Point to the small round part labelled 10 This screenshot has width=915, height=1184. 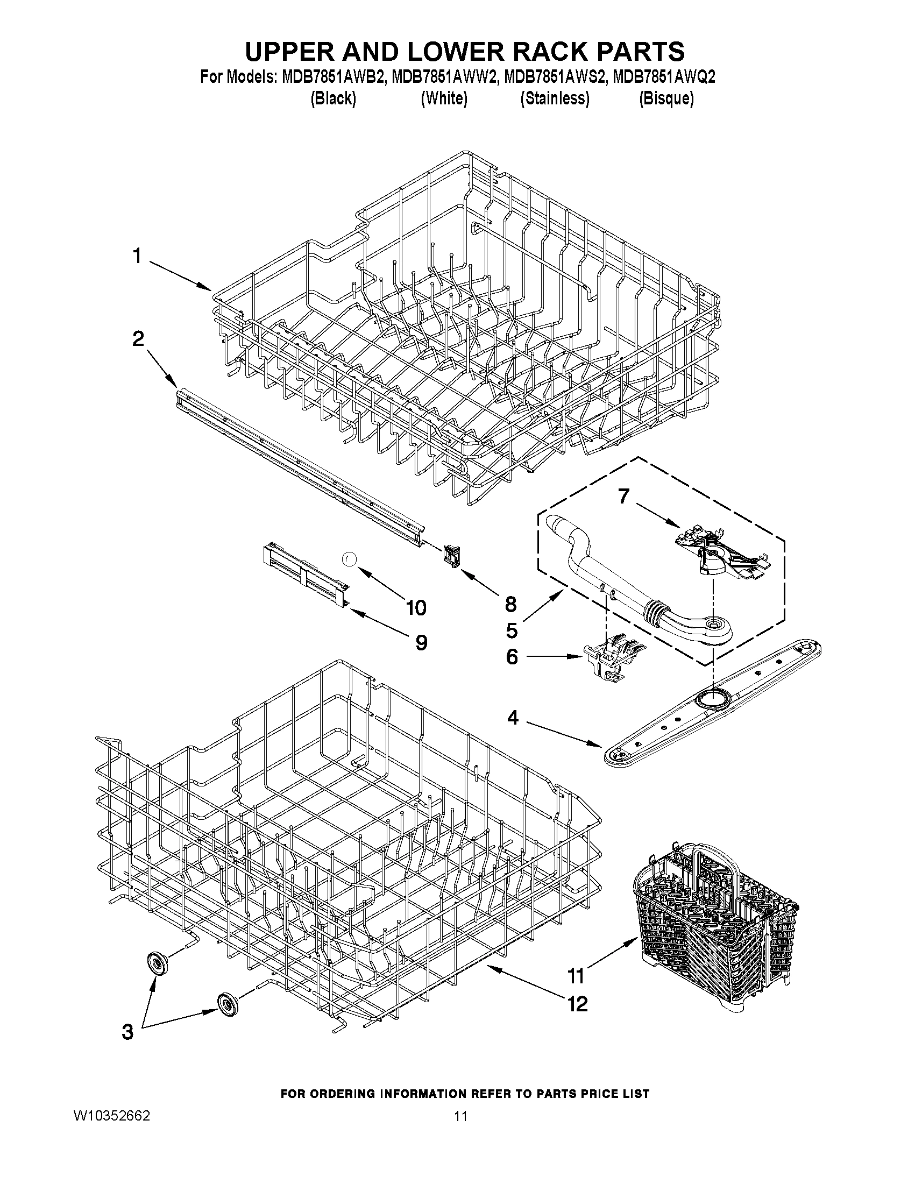(349, 558)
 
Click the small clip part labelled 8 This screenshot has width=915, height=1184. (450, 555)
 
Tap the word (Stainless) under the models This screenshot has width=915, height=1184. (554, 98)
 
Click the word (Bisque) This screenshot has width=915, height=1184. (666, 98)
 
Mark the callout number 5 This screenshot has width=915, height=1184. (512, 630)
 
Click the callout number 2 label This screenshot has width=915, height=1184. (138, 339)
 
